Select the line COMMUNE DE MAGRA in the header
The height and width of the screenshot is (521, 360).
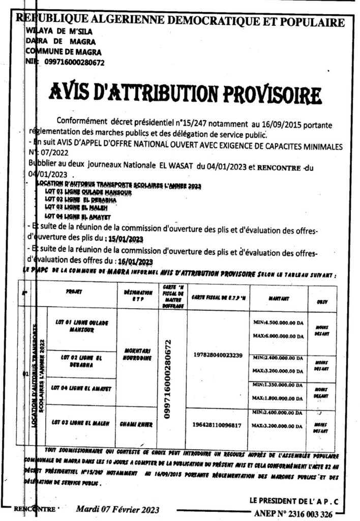(63, 52)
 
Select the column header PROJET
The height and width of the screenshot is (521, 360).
(74, 293)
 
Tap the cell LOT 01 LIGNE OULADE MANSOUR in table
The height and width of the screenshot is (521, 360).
(81, 327)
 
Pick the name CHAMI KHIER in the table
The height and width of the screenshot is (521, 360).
(136, 423)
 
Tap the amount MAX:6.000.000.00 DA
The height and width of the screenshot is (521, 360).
(278, 336)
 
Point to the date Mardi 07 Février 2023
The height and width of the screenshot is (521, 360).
(118, 509)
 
